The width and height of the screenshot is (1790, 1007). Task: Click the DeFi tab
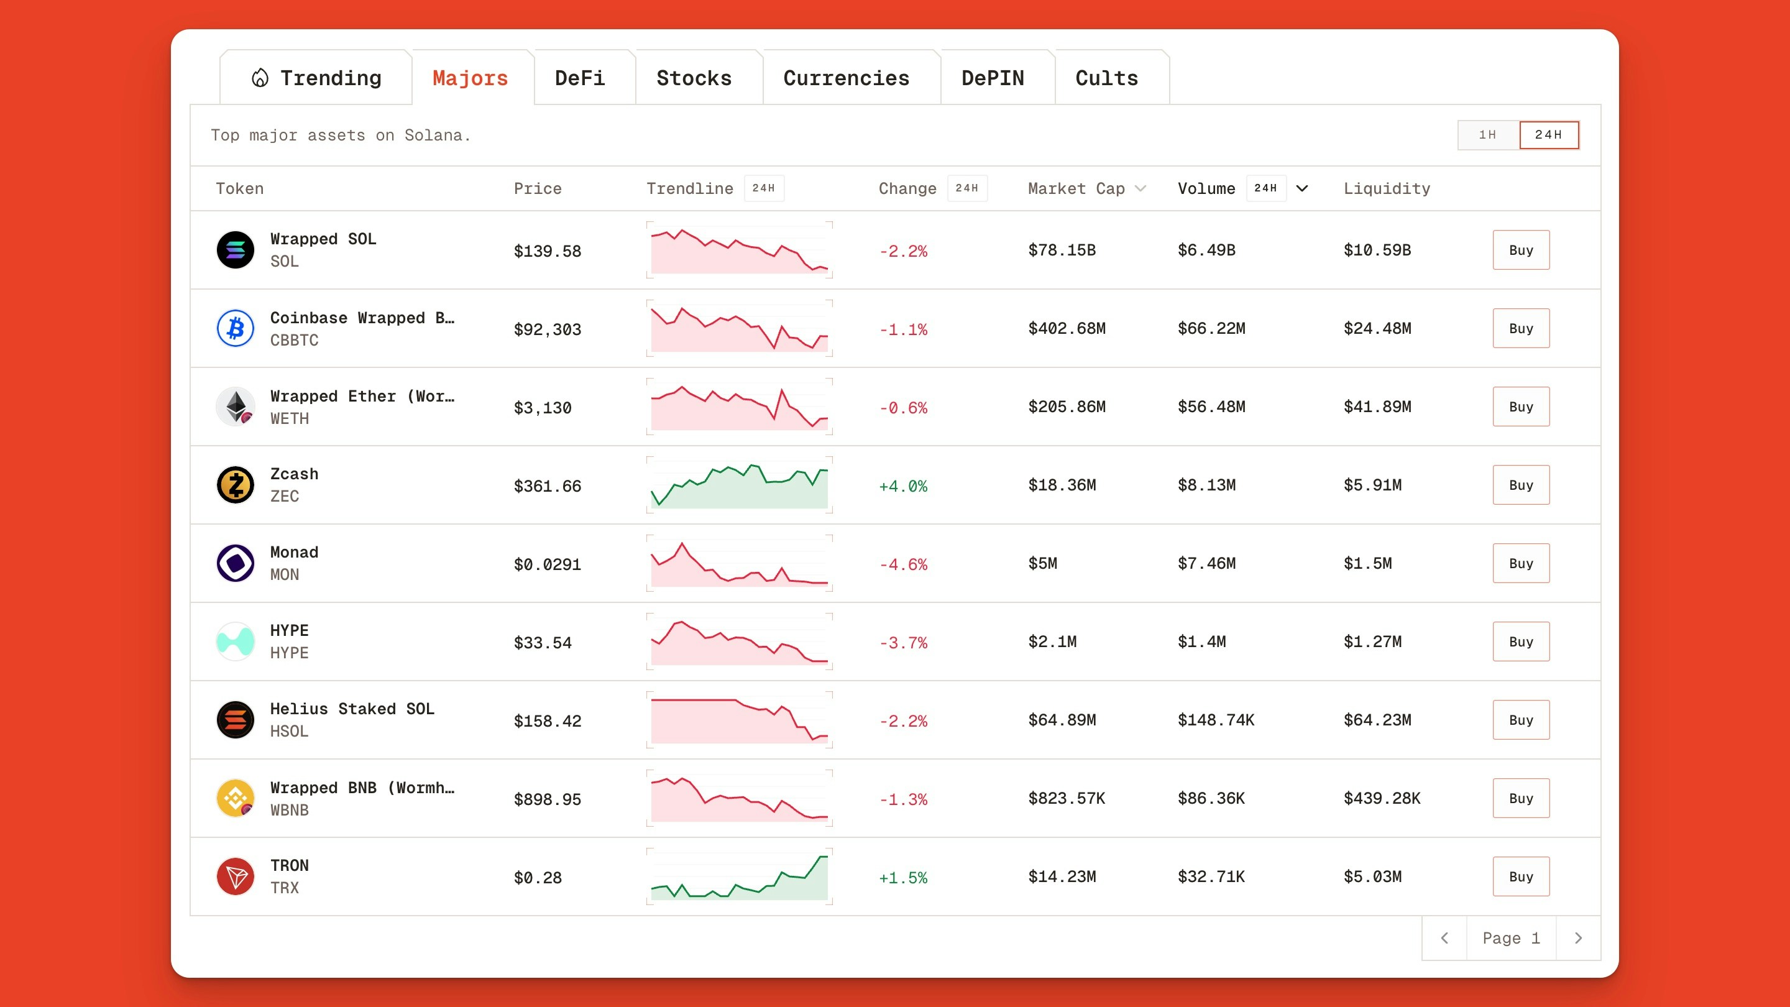579,78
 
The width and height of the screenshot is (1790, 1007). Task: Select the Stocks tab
694,78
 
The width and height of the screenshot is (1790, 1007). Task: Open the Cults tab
1106,78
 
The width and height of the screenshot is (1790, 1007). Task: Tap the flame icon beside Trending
260,78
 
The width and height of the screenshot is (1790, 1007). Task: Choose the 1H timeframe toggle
1487,135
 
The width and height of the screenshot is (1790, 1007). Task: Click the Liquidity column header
1386,188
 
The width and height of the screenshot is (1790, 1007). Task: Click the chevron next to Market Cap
1141,188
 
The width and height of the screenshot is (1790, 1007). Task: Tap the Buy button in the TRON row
1520,876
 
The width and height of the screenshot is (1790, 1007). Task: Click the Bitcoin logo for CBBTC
236,328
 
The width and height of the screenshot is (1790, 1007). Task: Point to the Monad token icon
236,563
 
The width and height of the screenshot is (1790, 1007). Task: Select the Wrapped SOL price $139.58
547,251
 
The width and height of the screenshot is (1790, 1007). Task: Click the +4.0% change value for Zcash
902,485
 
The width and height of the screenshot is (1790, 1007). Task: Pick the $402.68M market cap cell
1067,328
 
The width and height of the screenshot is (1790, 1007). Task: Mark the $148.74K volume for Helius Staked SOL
1215,720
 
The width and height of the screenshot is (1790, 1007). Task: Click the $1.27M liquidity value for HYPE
1372,641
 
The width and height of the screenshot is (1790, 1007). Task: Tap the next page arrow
1578,938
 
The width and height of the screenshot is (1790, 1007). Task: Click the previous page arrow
1444,938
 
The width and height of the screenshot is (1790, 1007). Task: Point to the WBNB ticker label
289,809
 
